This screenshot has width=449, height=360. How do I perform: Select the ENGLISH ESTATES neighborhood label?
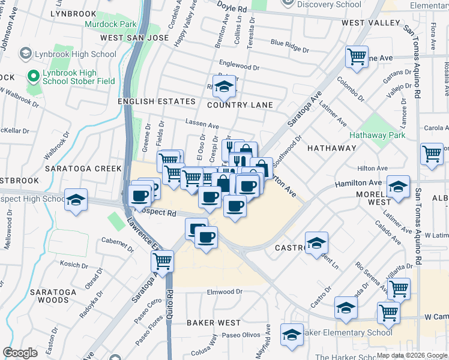tap(148, 102)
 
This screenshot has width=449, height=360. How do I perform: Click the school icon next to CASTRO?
tap(316, 243)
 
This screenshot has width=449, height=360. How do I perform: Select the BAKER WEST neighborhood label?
tap(213, 323)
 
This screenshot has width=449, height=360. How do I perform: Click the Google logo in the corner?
tap(20, 353)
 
